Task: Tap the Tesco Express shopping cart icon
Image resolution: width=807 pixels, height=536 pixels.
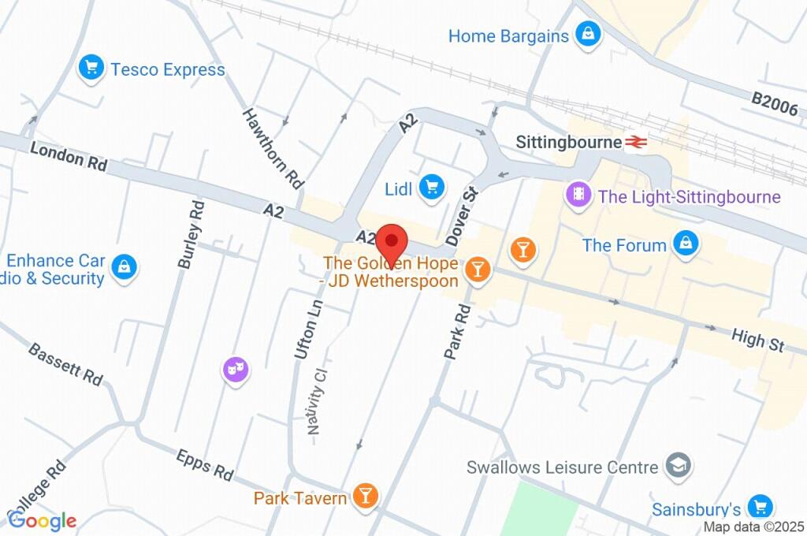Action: point(91,69)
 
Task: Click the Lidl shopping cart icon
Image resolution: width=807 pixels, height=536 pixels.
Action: point(430,187)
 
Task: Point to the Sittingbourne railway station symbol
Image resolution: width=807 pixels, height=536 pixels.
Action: point(636,143)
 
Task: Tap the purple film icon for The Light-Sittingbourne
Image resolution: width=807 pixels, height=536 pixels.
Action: point(579,195)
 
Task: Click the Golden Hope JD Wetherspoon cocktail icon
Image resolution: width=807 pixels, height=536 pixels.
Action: point(477,270)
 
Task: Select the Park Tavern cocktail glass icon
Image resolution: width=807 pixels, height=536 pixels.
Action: point(365,496)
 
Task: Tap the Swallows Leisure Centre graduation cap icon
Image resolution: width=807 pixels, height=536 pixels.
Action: point(676,466)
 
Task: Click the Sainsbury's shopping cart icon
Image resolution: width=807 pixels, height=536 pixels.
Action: point(759,507)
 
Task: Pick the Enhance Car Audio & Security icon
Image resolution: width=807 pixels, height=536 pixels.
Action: point(123,267)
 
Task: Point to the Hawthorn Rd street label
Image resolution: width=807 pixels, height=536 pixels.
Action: point(273,148)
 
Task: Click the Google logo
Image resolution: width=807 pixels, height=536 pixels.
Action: point(42,520)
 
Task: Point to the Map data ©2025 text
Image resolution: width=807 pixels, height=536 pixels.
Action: point(753,527)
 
